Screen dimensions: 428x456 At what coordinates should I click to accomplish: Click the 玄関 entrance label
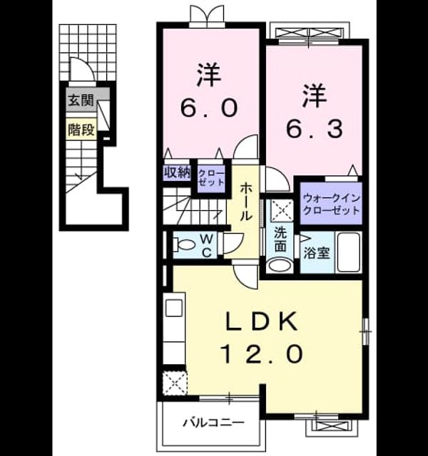(81, 100)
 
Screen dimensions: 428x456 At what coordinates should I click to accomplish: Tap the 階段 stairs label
(81, 130)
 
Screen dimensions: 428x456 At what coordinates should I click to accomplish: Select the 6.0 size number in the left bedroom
(208, 108)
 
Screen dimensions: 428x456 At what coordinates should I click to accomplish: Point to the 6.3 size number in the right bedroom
(314, 129)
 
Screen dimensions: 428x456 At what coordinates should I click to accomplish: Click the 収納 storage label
(177, 172)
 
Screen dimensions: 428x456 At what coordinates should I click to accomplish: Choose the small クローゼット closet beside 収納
(211, 177)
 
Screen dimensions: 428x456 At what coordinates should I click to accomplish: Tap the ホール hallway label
(245, 202)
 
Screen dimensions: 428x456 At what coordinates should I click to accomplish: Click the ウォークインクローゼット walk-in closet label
(331, 204)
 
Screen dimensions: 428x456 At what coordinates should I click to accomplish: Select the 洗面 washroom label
(280, 239)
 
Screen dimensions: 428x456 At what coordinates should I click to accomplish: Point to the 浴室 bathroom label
(317, 253)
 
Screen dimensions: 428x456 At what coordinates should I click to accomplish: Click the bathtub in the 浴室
(348, 252)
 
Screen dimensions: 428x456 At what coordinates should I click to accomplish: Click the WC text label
(206, 246)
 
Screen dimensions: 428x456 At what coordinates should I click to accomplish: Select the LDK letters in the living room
(262, 321)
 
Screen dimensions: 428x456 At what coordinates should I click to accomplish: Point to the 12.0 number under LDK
(263, 353)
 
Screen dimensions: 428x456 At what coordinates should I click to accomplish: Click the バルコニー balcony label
(213, 423)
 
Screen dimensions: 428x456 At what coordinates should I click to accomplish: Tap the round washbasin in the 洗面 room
(280, 265)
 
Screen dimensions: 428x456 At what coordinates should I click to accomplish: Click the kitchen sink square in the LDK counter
(174, 308)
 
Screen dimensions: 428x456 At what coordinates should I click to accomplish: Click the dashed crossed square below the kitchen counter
(174, 383)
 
